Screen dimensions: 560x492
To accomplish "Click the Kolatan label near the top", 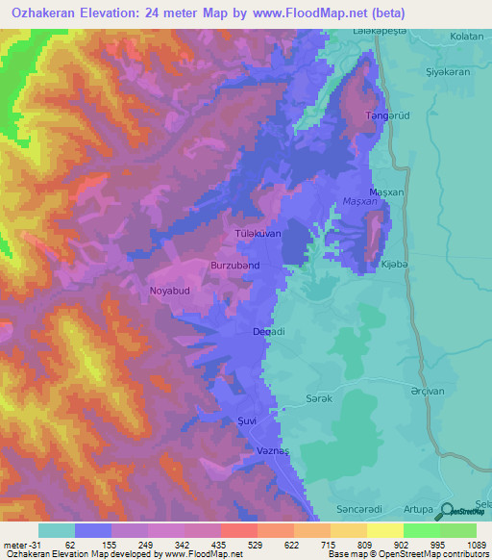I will pyautogui.click(x=465, y=37).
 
